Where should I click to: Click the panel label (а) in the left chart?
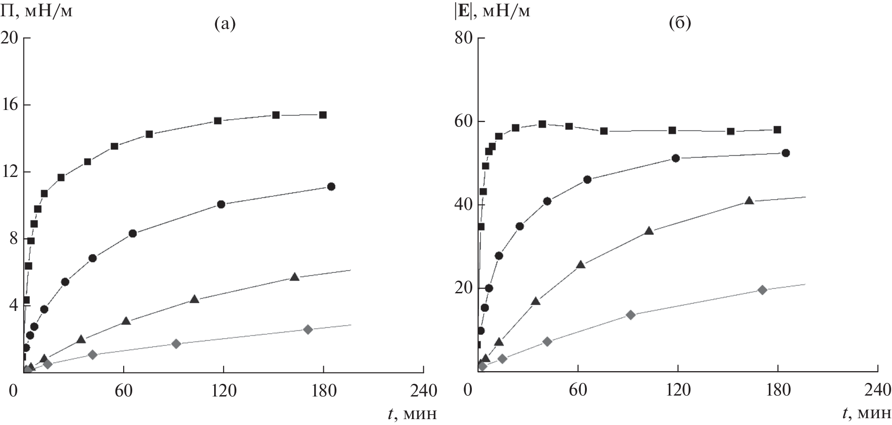pyautogui.click(x=225, y=24)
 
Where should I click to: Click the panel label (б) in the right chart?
pyautogui.click(x=680, y=24)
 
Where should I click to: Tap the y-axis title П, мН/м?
pyautogui.click(x=36, y=10)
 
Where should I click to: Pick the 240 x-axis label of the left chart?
pyautogui.click(x=423, y=390)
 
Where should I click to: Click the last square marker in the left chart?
pyautogui.click(x=323, y=115)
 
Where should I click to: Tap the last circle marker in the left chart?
pyautogui.click(x=331, y=186)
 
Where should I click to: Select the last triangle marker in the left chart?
pyautogui.click(x=294, y=277)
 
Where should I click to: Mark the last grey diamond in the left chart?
pyautogui.click(x=308, y=329)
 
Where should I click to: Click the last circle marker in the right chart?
pyautogui.click(x=786, y=153)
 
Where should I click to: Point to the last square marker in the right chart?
pyautogui.click(x=777, y=130)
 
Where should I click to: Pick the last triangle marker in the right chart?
pyautogui.click(x=749, y=201)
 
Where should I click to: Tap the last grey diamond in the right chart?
pyautogui.click(x=763, y=290)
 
